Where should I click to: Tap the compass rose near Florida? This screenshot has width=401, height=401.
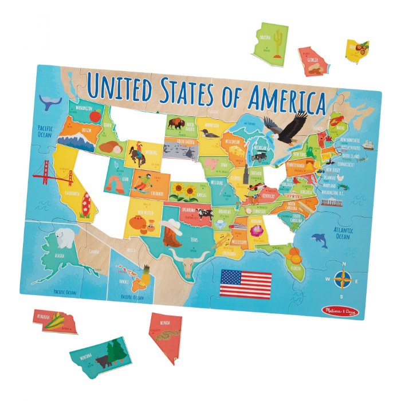(x=343, y=280)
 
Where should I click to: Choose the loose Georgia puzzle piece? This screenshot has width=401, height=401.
(x=315, y=61)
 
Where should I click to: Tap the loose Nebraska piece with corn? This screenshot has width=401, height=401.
(x=55, y=321)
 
